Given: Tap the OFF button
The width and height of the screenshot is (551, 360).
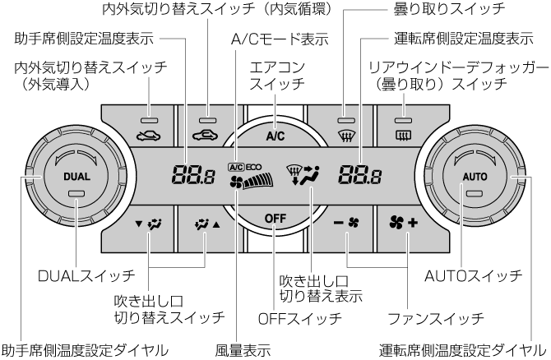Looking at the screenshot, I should pos(275,217).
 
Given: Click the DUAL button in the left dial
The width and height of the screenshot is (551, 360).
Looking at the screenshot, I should pos(76,176).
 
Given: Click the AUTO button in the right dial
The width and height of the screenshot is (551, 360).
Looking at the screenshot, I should pos(475,176).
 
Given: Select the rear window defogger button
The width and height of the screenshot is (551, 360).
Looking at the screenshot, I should pos(404,131).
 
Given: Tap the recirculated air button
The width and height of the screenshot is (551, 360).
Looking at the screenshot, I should pos(206,131).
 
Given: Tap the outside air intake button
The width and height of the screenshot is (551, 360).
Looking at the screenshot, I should pos(149,131).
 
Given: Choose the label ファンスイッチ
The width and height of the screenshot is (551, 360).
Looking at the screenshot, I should pos(437,317).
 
